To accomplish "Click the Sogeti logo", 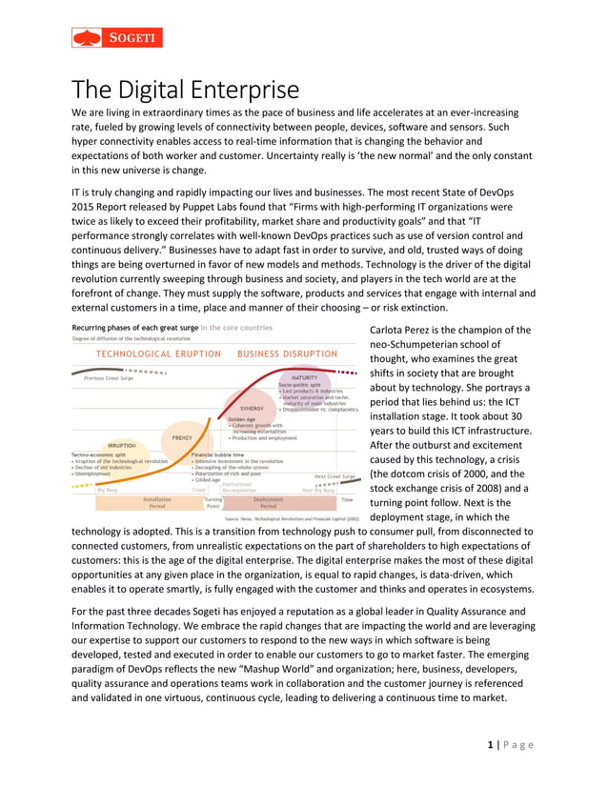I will pos(117,37).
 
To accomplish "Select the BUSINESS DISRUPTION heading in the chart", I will pos(287,353).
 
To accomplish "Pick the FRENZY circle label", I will pos(182,437).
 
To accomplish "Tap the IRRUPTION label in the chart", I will pos(122,445).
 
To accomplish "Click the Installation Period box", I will pos(157,501).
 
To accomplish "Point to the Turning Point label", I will pos(213,501).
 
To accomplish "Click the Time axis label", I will pos(347,498).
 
